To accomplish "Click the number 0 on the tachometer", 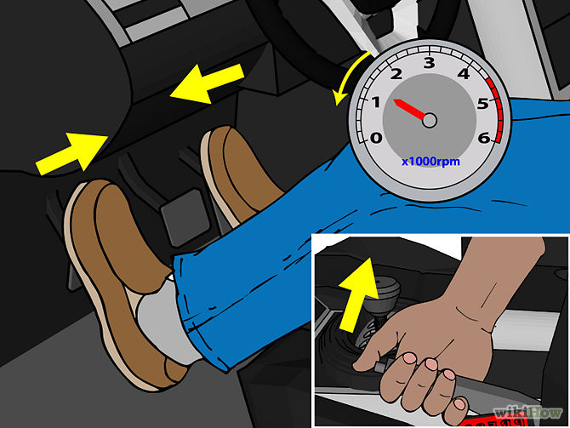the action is [376, 138].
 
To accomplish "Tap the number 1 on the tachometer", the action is [376, 102].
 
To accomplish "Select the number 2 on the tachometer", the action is [396, 74].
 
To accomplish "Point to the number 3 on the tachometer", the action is [430, 63].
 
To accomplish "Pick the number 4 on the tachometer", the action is [464, 74].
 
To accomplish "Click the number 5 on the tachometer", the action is [483, 104].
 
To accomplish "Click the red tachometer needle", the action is [410, 108].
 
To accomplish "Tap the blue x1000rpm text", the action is [430, 161].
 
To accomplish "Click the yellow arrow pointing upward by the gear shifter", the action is [357, 294].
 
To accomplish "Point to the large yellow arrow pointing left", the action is [207, 84].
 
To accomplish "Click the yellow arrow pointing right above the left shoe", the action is [71, 153].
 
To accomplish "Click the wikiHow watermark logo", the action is [527, 413].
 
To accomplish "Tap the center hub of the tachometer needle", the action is [430, 120].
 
